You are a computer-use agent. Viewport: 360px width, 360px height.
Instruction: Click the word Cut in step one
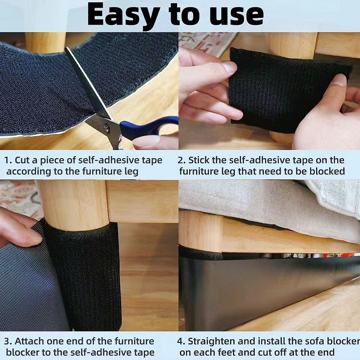point(22,160)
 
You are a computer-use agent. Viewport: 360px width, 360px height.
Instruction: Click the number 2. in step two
point(181,160)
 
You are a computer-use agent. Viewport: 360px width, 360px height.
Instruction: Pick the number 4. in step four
point(181,341)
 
